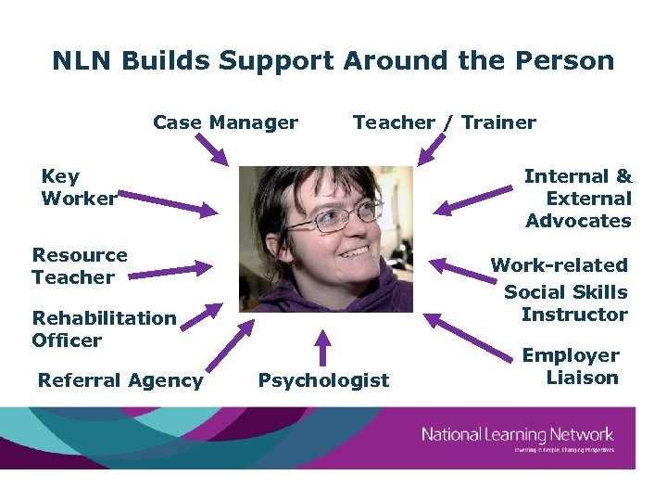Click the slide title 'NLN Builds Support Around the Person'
click(x=333, y=61)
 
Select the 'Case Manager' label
click(x=225, y=122)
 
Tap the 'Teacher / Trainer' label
click(x=444, y=122)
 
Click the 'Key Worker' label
click(x=78, y=187)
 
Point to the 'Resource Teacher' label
click(x=79, y=266)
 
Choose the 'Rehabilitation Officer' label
click(x=104, y=329)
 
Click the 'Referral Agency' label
click(x=120, y=380)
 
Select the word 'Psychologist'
click(x=323, y=380)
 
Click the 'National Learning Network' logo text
click(x=518, y=433)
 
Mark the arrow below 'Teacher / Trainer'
click(x=432, y=151)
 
